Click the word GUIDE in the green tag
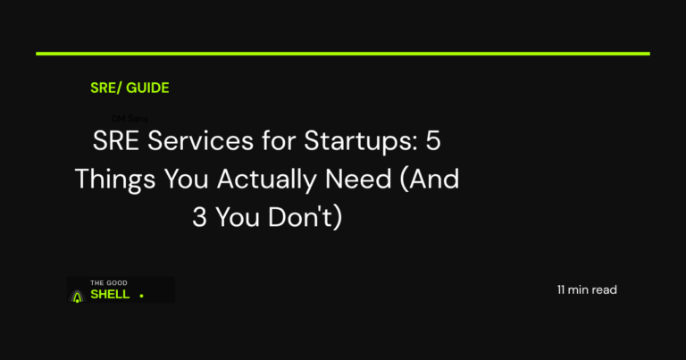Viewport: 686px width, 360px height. coord(147,88)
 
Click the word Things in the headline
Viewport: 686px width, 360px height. coord(112,180)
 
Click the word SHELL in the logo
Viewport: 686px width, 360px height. coord(110,294)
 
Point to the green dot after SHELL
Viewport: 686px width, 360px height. coord(141,296)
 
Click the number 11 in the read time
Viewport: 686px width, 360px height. coord(561,290)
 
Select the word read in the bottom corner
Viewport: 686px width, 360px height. coord(605,290)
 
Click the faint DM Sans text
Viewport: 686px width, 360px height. coord(130,118)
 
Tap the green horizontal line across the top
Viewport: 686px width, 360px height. coord(343,54)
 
